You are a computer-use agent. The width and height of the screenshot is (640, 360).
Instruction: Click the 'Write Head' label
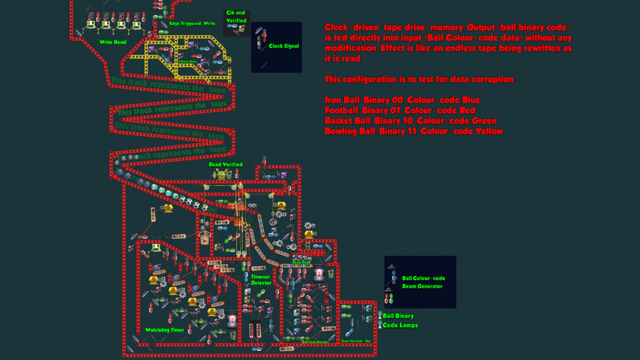pos(113,42)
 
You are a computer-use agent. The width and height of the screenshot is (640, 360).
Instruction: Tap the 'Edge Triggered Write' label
pos(193,23)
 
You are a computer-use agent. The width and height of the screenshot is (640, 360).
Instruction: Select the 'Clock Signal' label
pos(284,46)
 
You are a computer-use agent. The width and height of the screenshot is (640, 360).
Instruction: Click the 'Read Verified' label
pos(226,165)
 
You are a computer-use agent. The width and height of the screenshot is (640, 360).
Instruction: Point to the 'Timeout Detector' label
pos(261,280)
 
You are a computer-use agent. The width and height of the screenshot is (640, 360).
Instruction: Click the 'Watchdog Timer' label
pos(165,330)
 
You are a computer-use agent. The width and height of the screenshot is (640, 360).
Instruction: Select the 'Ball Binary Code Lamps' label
pos(400,321)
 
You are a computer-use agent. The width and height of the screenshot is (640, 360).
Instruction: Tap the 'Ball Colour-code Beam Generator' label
pos(423,282)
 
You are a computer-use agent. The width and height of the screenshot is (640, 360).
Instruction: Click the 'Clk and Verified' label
pos(236,17)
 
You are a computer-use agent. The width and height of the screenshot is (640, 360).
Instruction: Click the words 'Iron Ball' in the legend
pos(342,100)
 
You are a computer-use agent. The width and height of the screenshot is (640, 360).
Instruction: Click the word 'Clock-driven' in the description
pos(352,27)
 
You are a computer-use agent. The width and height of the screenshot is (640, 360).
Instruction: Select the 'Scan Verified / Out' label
pos(356,341)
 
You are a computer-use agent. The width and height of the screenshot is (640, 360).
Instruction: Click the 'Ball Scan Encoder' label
pos(315,342)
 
